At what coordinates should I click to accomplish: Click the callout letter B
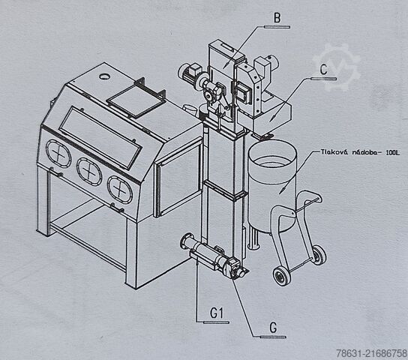click(x=277, y=18)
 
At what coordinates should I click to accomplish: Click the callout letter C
click(x=323, y=70)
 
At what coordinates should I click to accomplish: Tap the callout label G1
click(x=217, y=313)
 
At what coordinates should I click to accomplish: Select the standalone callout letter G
click(x=273, y=328)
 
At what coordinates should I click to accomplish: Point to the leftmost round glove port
click(x=58, y=154)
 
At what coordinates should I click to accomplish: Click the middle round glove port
click(x=89, y=172)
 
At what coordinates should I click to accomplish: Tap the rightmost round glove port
click(x=120, y=190)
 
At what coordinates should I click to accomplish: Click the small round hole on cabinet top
click(x=105, y=76)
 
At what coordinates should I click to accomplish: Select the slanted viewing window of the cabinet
click(x=100, y=137)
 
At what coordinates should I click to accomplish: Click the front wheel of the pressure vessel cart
click(x=281, y=276)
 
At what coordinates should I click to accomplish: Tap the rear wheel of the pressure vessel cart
click(x=319, y=255)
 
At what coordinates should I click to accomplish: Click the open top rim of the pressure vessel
click(x=272, y=156)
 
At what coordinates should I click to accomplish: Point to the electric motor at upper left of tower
click(x=190, y=73)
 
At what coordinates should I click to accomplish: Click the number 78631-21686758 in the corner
click(x=371, y=353)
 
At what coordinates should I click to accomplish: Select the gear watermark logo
click(x=337, y=67)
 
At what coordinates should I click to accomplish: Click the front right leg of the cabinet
click(x=131, y=252)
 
